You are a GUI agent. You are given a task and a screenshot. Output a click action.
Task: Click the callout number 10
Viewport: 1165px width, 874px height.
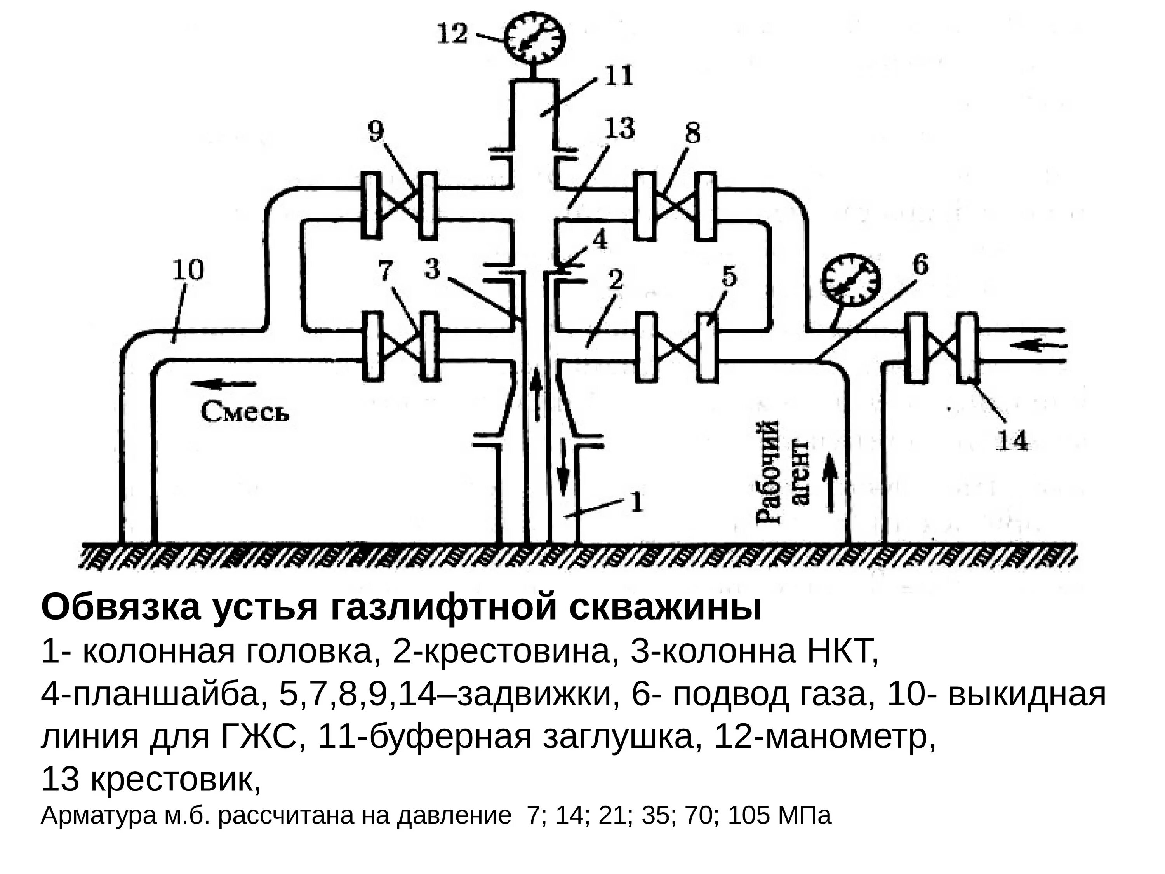pos(188,271)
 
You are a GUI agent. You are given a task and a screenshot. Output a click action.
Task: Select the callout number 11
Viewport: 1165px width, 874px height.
pos(618,77)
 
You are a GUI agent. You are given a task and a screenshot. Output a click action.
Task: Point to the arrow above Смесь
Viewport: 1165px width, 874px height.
pos(223,384)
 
